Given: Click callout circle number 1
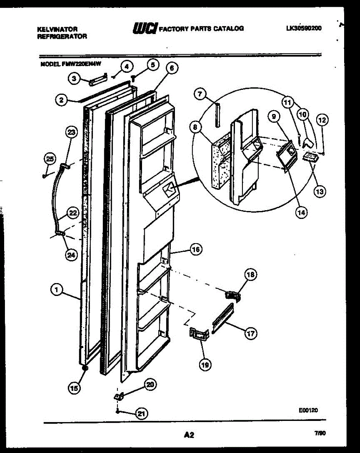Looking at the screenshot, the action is pyautogui.click(x=56, y=290).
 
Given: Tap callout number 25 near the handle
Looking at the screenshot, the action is pyautogui.click(x=49, y=159).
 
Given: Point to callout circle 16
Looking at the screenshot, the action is pyautogui.click(x=195, y=250).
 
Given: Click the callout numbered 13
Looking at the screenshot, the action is pyautogui.click(x=320, y=191).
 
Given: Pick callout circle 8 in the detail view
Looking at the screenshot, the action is pyautogui.click(x=195, y=127).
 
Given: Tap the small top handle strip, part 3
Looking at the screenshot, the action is pyautogui.click(x=93, y=80).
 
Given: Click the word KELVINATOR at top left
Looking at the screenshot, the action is pyautogui.click(x=58, y=29).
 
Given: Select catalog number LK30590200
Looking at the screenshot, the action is pyautogui.click(x=304, y=28).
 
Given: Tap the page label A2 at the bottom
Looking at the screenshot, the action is pyautogui.click(x=188, y=435).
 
